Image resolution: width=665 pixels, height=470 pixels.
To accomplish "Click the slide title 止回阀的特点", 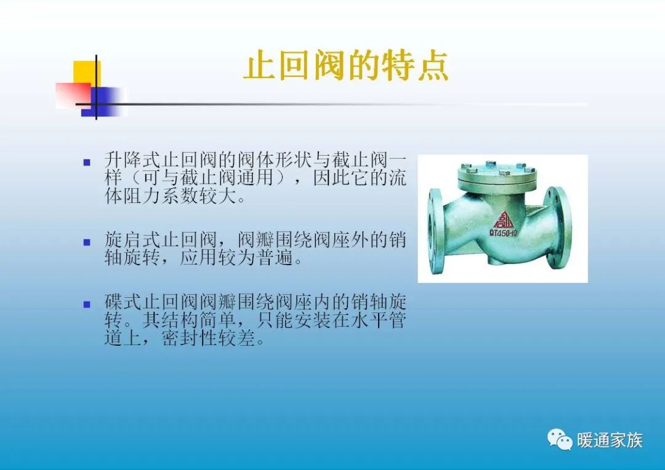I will (x=345, y=67).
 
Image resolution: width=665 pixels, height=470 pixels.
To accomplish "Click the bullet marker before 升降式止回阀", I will (x=87, y=162).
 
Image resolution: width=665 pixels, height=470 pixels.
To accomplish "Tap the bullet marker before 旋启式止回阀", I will (x=87, y=242).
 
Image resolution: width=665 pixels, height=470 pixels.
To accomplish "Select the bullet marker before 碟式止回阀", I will (x=87, y=304).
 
